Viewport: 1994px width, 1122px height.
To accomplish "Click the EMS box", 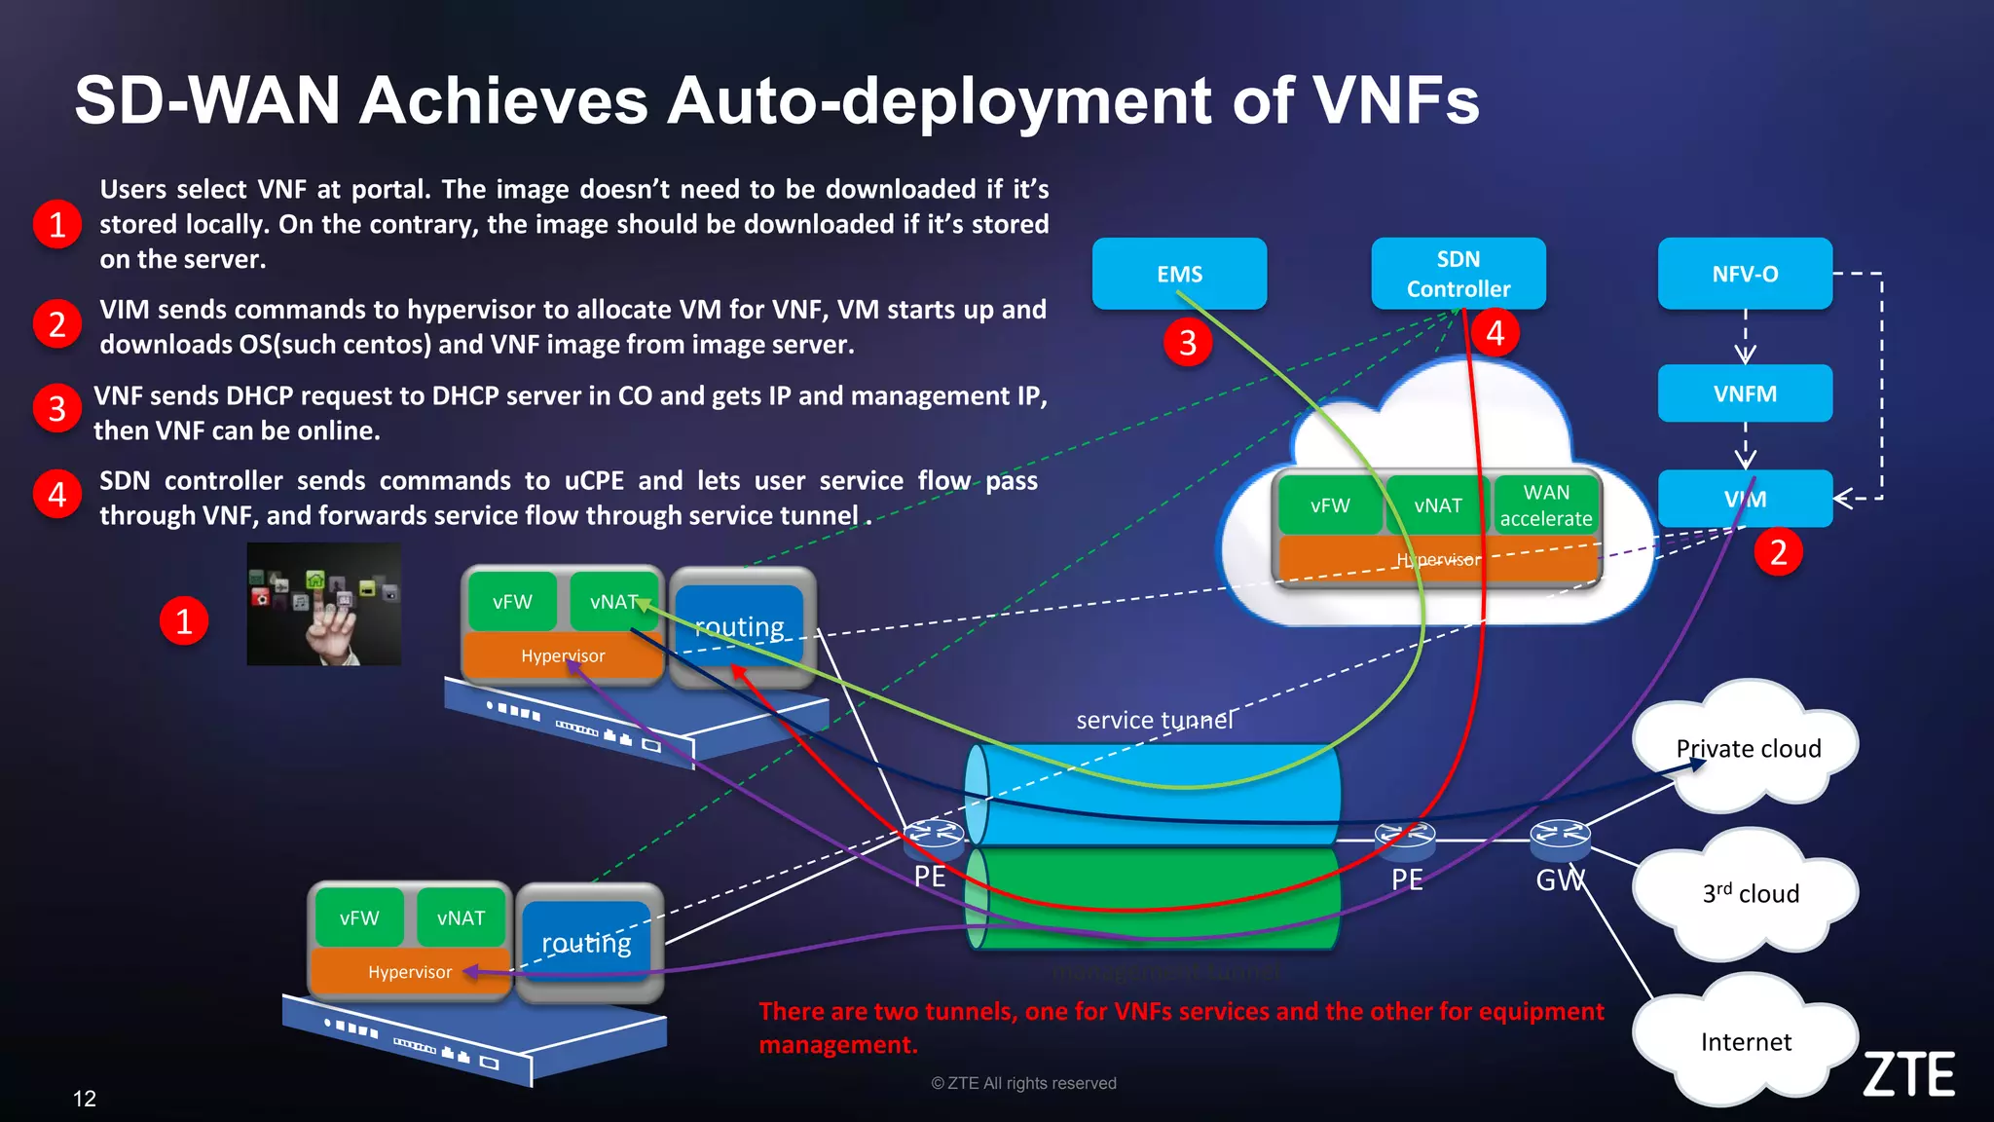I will (1179, 274).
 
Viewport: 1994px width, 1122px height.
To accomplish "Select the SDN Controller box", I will (1458, 274).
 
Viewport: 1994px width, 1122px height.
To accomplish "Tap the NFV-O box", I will (1745, 274).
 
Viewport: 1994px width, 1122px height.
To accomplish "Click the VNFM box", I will (1745, 393).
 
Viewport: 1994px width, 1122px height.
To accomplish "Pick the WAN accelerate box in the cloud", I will (1546, 505).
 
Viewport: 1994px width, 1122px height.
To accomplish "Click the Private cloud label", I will (1748, 749).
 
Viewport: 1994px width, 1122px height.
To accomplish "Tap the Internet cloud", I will (1745, 1042).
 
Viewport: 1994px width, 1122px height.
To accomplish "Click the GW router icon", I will (1560, 836).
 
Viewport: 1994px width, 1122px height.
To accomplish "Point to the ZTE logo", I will (1908, 1074).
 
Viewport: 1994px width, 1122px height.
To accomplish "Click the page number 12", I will (85, 1099).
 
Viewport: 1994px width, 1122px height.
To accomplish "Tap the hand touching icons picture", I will (323, 605).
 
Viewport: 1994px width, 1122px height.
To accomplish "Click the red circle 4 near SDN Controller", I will (1495, 333).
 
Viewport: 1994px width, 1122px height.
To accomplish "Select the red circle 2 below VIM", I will (1778, 552).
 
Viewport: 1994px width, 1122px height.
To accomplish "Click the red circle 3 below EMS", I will (1187, 343).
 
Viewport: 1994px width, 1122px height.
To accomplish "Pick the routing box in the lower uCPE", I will (586, 943).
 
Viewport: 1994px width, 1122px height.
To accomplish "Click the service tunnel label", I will (1154, 721).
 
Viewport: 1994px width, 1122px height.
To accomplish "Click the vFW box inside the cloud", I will (1329, 505).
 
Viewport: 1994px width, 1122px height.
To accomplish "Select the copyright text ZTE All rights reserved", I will (1023, 1083).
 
